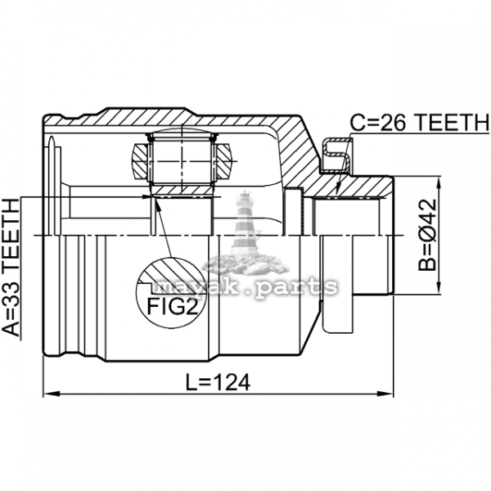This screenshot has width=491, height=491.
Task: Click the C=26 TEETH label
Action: click(419, 123)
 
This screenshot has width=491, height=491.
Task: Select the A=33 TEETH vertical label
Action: click(11, 268)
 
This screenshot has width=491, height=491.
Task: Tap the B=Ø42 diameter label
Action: click(427, 235)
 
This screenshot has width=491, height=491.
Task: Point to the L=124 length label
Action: click(218, 381)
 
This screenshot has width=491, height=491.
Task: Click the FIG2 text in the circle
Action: click(173, 306)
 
